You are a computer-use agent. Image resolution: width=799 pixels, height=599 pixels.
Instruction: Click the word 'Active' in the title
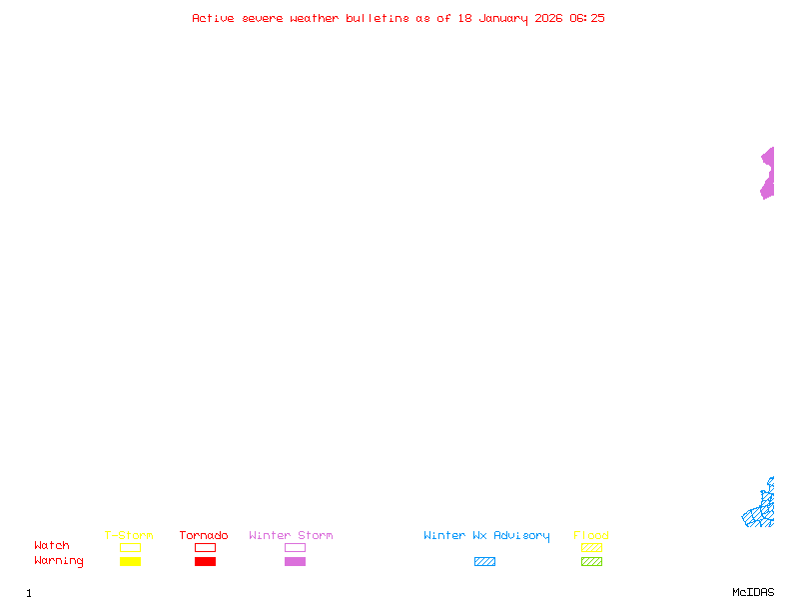pyautogui.click(x=213, y=18)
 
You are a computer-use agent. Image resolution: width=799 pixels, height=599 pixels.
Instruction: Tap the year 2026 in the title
pyautogui.click(x=548, y=18)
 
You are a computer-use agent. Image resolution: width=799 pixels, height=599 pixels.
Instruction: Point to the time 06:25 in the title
pyautogui.click(x=587, y=18)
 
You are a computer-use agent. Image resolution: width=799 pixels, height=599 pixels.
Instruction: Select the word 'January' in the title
pyautogui.click(x=503, y=19)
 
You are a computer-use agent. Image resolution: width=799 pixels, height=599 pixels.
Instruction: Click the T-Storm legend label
pyautogui.click(x=129, y=535)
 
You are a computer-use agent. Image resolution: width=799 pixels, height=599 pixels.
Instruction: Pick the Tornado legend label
pyautogui.click(x=204, y=535)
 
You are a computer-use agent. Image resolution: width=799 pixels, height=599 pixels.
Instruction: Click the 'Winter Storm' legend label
pyautogui.click(x=291, y=535)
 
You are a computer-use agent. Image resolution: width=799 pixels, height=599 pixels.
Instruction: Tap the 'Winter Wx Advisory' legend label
pyautogui.click(x=486, y=536)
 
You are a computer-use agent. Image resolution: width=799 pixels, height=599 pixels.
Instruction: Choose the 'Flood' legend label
pyautogui.click(x=591, y=535)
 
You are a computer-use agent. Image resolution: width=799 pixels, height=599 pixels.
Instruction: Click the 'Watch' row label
pyautogui.click(x=52, y=545)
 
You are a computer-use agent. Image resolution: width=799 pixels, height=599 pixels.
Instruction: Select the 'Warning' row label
pyautogui.click(x=59, y=561)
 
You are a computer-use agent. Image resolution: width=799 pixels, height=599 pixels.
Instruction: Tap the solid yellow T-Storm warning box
pyautogui.click(x=131, y=561)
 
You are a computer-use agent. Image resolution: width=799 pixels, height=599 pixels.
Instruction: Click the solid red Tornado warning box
pyautogui.click(x=206, y=561)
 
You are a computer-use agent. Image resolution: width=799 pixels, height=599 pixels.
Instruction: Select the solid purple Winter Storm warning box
pyautogui.click(x=295, y=561)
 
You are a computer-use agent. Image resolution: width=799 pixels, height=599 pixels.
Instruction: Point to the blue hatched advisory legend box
pyautogui.click(x=484, y=561)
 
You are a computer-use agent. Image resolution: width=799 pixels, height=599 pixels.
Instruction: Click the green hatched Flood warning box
pyautogui.click(x=591, y=561)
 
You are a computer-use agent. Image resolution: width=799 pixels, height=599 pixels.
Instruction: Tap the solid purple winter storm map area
pyautogui.click(x=769, y=173)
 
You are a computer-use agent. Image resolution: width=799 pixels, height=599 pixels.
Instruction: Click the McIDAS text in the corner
pyautogui.click(x=753, y=592)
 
